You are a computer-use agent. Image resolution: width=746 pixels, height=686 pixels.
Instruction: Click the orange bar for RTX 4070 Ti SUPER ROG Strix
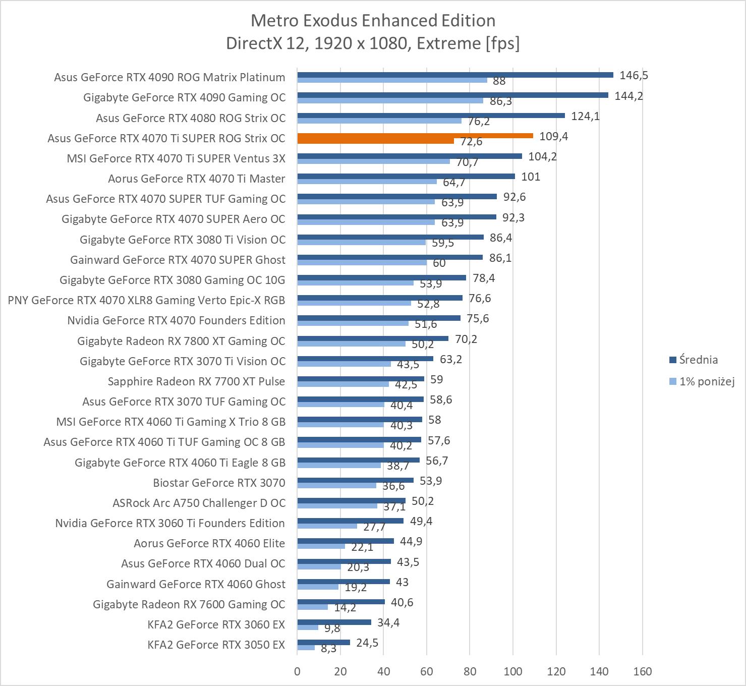click(415, 136)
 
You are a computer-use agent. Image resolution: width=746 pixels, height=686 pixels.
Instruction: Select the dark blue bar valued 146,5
click(455, 75)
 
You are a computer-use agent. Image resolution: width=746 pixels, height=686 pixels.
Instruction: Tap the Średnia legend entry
click(698, 360)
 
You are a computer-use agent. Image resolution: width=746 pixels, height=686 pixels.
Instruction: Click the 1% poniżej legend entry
click(706, 381)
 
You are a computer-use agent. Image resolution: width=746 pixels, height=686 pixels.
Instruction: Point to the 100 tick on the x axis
click(513, 671)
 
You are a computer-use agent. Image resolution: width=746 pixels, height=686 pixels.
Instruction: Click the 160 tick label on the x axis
click(642, 671)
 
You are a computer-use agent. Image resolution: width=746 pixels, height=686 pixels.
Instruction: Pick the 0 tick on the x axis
click(297, 671)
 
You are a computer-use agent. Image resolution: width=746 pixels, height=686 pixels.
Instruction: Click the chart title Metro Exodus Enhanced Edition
click(373, 20)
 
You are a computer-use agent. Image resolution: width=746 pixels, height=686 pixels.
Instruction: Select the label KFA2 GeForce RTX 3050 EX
click(216, 645)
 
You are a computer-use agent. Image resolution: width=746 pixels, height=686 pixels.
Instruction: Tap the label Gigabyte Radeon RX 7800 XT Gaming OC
click(181, 341)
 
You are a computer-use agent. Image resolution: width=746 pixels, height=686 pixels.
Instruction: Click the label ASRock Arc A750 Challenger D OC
click(199, 503)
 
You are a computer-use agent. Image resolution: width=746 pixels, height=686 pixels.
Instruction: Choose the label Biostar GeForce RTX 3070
click(219, 483)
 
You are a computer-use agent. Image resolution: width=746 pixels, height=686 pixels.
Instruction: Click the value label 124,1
click(585, 117)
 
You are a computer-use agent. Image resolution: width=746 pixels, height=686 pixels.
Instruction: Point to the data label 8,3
click(328, 649)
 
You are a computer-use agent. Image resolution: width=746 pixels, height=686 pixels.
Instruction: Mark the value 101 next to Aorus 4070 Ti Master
click(531, 177)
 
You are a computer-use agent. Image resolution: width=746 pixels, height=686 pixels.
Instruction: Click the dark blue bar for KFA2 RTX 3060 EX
click(334, 622)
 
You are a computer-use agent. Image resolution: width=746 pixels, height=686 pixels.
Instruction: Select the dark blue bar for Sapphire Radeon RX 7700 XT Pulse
click(361, 379)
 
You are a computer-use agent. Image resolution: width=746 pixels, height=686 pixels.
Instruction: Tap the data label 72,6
click(471, 142)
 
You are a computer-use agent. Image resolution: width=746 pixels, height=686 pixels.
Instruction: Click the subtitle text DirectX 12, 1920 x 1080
click(373, 43)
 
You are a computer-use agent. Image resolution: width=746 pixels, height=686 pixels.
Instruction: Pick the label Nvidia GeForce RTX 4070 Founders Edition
click(176, 320)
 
